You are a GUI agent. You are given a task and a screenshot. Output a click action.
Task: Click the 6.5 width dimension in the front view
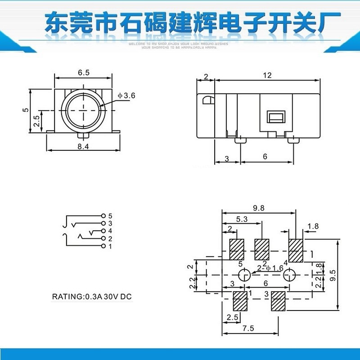[x=83, y=72]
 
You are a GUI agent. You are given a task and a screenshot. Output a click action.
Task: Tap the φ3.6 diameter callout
[x=126, y=95]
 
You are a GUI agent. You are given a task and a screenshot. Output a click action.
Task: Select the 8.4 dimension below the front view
[x=83, y=146]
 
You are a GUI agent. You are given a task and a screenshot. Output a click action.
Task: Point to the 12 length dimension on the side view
[x=267, y=75]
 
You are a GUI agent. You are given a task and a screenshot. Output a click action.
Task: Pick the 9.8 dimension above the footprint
[x=259, y=208]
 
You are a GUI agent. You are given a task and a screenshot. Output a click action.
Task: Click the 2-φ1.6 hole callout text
[x=270, y=268]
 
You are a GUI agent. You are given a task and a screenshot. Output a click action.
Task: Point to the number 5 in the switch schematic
[x=110, y=216]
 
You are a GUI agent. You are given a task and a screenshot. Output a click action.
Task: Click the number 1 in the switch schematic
[x=110, y=246]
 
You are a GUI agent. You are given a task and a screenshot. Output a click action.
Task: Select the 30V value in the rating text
[x=112, y=297]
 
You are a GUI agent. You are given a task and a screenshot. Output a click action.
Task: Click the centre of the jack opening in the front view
[x=84, y=110]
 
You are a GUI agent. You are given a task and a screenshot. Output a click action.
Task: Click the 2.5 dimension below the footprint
[x=233, y=317]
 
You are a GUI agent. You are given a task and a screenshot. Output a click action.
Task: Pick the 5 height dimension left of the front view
[x=26, y=109]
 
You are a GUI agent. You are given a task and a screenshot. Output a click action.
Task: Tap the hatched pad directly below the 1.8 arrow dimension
[x=296, y=250]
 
